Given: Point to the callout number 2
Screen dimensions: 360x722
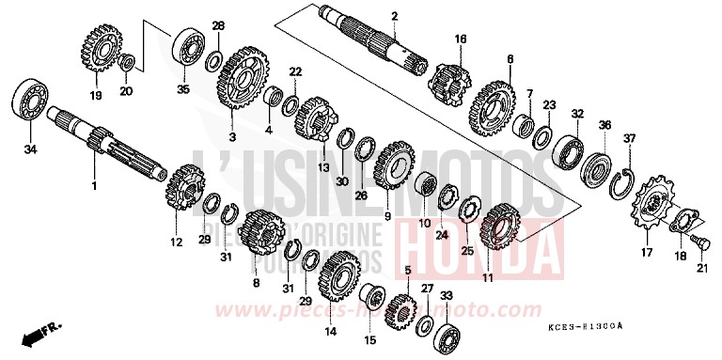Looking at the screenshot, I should (x=395, y=16).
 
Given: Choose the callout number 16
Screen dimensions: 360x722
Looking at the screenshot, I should (x=461, y=39).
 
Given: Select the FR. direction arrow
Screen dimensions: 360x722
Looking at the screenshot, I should (x=43, y=332).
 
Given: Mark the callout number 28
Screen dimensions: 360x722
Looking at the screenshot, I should (x=218, y=25).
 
